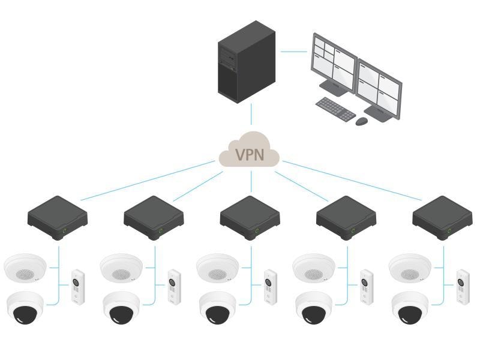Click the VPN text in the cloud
pyautogui.click(x=249, y=154)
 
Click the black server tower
pyautogui.click(x=246, y=63)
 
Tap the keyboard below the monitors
pyautogui.click(x=335, y=109)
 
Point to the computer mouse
pyautogui.click(x=361, y=121)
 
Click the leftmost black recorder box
pyautogui.click(x=58, y=218)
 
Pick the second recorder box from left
pyautogui.click(x=154, y=218)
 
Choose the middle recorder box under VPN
pyautogui.click(x=250, y=218)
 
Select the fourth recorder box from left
pyautogui.click(x=346, y=218)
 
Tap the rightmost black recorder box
pyautogui.click(x=442, y=218)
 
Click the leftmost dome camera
pyautogui.click(x=25, y=308)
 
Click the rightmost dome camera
pyautogui.click(x=410, y=308)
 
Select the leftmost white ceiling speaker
pyautogui.click(x=25, y=268)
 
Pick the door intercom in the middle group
pyautogui.click(x=271, y=287)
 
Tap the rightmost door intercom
pyautogui.click(x=463, y=287)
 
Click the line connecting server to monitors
pyautogui.click(x=293, y=52)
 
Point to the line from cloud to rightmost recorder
pyautogui.click(x=354, y=181)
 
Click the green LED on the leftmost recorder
pyautogui.click(x=64, y=230)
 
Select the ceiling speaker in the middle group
pyautogui.click(x=218, y=268)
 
